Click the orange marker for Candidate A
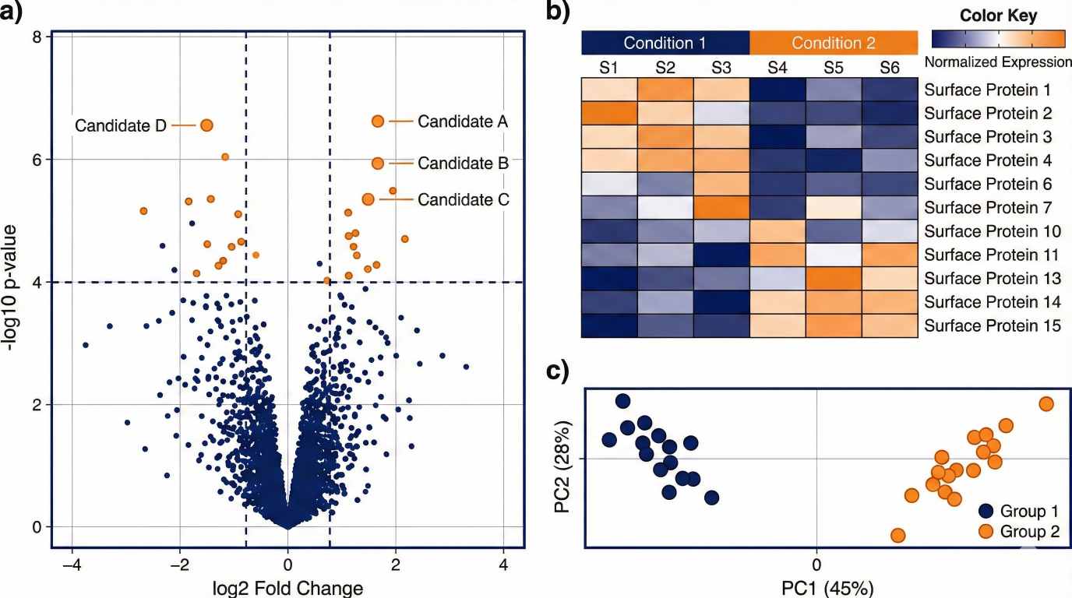[x=378, y=121]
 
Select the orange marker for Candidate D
[x=206, y=125]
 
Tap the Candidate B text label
[x=463, y=164]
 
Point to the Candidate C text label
[x=463, y=200]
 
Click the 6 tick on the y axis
[x=36, y=160]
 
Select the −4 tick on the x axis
[x=72, y=562]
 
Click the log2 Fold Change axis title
[x=287, y=588]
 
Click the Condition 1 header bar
[x=665, y=43]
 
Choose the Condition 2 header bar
[x=833, y=43]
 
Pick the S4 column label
[x=777, y=68]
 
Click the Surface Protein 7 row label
[x=988, y=208]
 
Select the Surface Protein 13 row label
[x=992, y=279]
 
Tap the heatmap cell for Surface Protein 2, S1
[x=609, y=114]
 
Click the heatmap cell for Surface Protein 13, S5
[x=833, y=279]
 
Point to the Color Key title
[x=998, y=16]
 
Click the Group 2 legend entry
[x=1021, y=532]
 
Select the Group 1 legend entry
[x=1021, y=512]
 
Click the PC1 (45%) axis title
[x=816, y=586]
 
